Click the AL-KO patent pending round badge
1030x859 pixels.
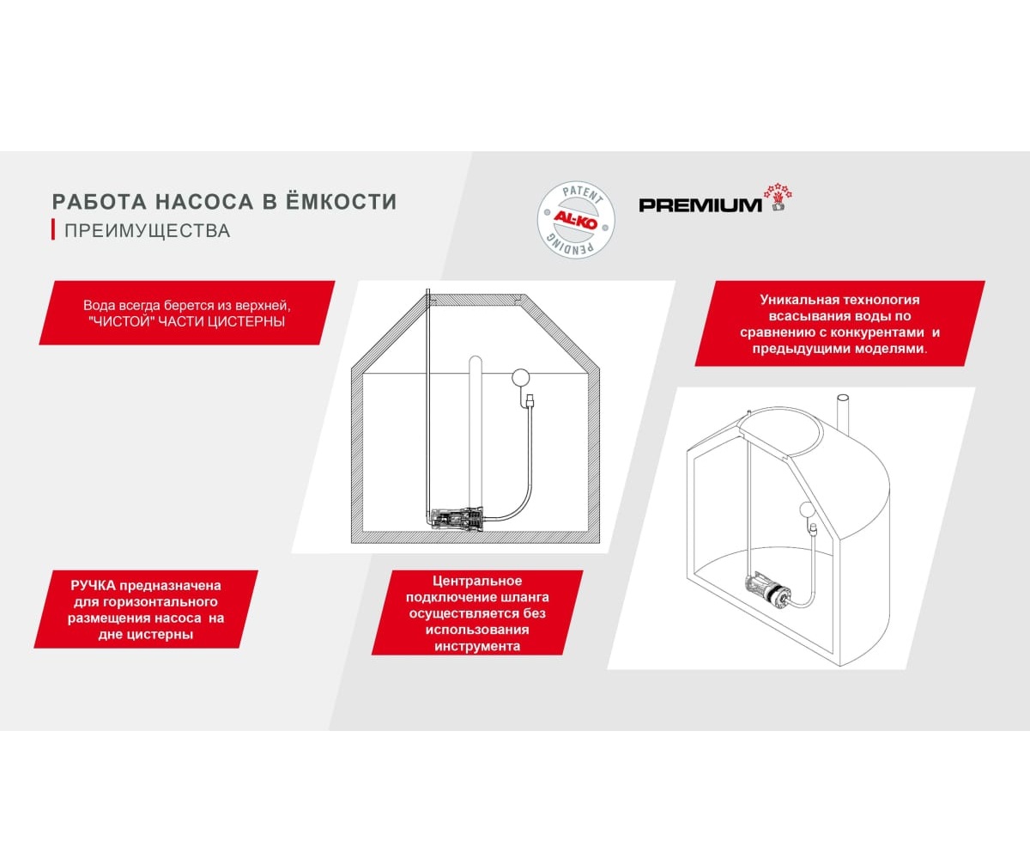pos(576,219)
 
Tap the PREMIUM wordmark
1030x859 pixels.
pos(700,204)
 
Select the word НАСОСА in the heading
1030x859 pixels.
pos(197,202)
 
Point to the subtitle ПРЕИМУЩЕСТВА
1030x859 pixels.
pos(147,231)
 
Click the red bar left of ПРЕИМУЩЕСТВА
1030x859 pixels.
pos(53,230)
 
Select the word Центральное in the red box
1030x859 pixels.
pos(477,582)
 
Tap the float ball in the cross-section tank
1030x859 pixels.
pos(521,375)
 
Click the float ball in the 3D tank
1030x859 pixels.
pos(808,508)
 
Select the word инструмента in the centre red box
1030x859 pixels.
pos(477,645)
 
